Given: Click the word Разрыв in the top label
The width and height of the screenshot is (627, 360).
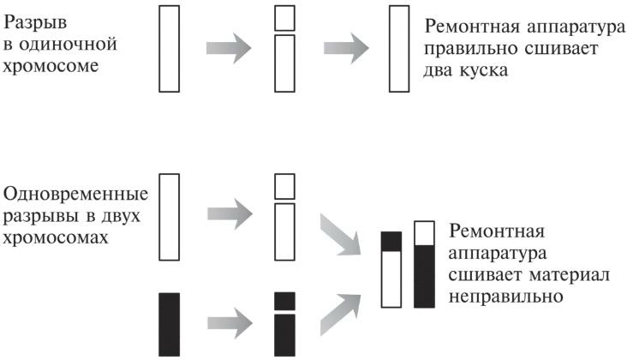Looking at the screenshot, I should (x=35, y=17).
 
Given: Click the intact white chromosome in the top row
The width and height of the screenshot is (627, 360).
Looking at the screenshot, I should (x=168, y=48).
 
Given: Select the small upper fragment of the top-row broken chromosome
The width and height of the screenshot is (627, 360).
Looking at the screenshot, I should (x=285, y=17).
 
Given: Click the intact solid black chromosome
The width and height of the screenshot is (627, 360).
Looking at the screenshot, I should (x=169, y=324).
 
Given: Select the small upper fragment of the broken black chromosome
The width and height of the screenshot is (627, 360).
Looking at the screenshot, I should (x=285, y=301).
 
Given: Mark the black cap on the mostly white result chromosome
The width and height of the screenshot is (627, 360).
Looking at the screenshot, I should (x=391, y=241).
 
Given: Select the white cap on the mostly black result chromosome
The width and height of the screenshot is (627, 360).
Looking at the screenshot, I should (x=423, y=233).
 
